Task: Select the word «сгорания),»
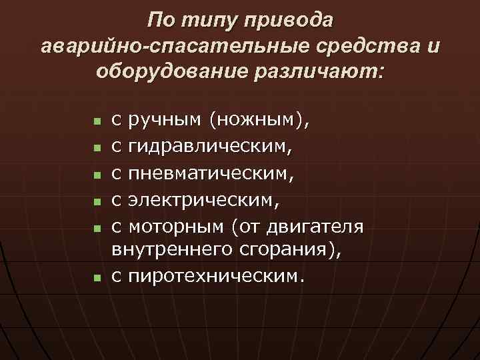(x=284, y=251)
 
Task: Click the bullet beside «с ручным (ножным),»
(x=97, y=123)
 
